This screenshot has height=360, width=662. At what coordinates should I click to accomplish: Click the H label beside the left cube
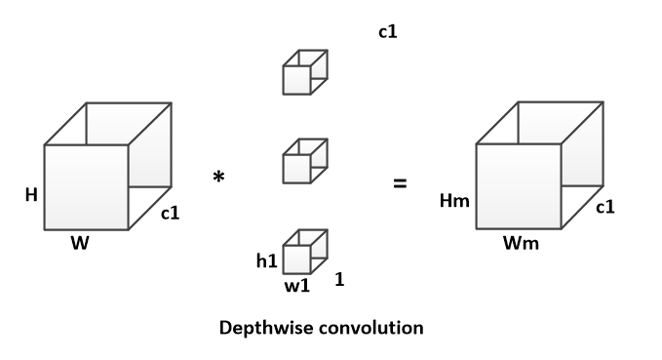pos(31,195)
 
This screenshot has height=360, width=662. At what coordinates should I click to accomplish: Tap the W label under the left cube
pos(80,243)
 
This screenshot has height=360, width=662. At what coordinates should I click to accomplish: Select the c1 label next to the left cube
pos(171,213)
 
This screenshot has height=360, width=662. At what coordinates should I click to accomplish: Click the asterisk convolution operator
pos(218,177)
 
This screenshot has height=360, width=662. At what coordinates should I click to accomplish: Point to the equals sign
pos(400,183)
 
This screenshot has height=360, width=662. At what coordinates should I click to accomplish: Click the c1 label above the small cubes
pos(388,31)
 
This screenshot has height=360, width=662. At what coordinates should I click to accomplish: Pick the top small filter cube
pos(305,72)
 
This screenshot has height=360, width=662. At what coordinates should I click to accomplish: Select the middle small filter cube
pos(305,161)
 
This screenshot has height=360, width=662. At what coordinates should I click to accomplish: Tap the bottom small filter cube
pos(305,252)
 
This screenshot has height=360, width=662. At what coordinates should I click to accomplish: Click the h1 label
pos(267,260)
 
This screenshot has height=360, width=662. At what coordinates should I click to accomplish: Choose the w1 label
pos(297,286)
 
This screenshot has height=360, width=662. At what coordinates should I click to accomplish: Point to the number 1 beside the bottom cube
pos(339,279)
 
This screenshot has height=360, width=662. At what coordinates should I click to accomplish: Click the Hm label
pos(454,200)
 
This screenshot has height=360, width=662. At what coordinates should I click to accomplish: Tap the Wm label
pos(521,243)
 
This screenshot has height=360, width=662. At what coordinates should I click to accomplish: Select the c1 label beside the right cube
pos(605,207)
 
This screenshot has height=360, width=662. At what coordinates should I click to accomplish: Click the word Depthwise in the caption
pos(264,329)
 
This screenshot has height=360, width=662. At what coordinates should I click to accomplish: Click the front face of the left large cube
pos(87,187)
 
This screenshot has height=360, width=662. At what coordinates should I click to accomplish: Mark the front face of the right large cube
pos(519,186)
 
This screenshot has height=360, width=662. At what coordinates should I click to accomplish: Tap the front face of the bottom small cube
pos(296,260)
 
